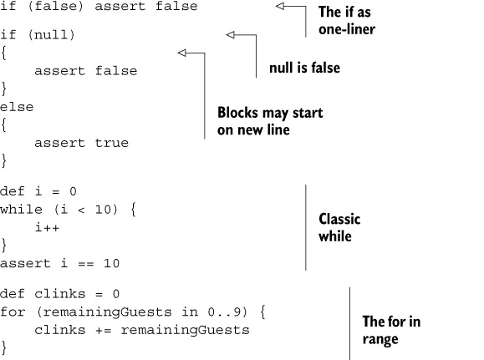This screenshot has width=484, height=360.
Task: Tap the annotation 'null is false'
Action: click(x=304, y=68)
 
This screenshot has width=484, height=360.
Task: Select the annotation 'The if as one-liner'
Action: click(x=347, y=21)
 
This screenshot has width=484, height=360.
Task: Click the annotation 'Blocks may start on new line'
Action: click(x=270, y=121)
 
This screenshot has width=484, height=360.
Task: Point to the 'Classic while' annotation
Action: click(x=339, y=228)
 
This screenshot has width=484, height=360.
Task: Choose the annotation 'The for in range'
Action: click(x=391, y=330)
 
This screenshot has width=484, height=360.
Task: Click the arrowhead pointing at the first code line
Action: click(x=280, y=6)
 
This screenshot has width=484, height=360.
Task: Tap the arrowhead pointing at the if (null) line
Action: click(x=230, y=35)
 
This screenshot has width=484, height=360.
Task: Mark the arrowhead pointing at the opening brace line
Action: click(x=181, y=53)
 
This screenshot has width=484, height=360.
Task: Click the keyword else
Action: click(x=17, y=108)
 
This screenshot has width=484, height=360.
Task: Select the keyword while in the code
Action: click(x=21, y=210)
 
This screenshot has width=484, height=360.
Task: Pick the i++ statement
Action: click(x=47, y=228)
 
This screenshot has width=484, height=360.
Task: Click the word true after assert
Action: click(x=111, y=143)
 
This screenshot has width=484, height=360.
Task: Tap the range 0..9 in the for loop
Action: click(x=224, y=312)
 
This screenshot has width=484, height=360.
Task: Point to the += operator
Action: click(x=103, y=331)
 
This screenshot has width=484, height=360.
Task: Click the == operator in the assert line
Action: click(x=86, y=264)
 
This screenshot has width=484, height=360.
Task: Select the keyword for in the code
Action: click(x=13, y=312)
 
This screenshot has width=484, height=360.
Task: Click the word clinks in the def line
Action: click(x=59, y=294)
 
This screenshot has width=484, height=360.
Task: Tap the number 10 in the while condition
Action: click(x=103, y=210)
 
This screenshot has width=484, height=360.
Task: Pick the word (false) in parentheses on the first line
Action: click(x=55, y=6)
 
